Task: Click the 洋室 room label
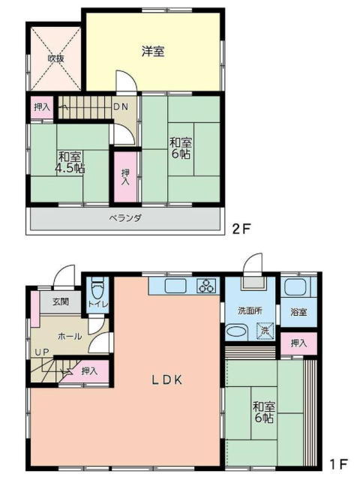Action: click(153, 51)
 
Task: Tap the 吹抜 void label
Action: click(55, 58)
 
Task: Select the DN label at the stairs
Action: click(121, 106)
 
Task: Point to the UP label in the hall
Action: click(42, 352)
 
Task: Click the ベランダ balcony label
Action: click(125, 218)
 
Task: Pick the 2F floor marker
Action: click(241, 229)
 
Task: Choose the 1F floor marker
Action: click(338, 463)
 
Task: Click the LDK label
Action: click(167, 380)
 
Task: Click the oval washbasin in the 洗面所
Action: click(237, 331)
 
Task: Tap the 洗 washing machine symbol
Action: click(265, 331)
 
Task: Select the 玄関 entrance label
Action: click(61, 301)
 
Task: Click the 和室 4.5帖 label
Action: click(70, 163)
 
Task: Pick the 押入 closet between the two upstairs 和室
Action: click(125, 177)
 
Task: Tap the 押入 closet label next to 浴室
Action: click(298, 343)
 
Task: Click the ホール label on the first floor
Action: click(70, 337)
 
